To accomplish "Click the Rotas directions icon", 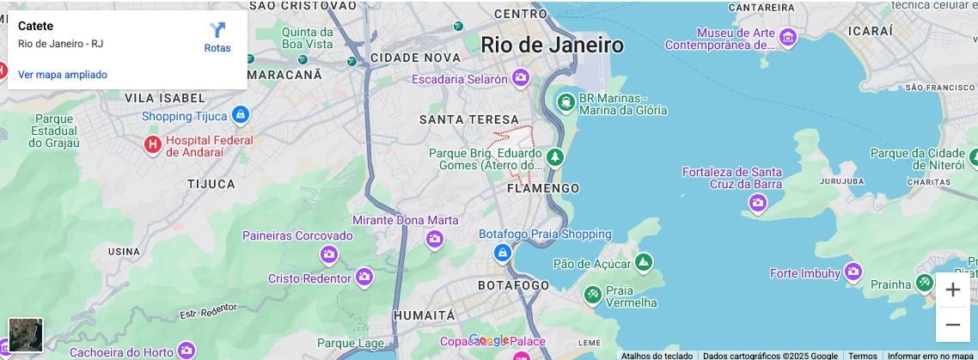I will [217, 30].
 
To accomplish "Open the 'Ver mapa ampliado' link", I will [63, 75].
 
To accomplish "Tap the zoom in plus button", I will [952, 290].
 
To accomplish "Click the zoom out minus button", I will [952, 325].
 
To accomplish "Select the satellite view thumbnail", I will [26, 334].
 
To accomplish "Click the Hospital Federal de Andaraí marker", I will [153, 144].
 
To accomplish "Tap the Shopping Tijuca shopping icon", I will [240, 114].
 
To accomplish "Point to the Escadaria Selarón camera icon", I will [520, 79].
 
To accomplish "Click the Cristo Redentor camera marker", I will [364, 277].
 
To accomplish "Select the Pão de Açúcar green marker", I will [642, 262].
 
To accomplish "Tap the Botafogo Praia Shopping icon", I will [503, 253].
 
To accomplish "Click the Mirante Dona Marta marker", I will [434, 238].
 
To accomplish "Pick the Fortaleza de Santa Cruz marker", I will [757, 203].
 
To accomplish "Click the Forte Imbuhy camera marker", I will [853, 272].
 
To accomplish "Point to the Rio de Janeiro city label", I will [552, 45].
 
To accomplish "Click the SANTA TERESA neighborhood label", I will [469, 119].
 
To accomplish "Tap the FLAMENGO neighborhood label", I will [543, 188].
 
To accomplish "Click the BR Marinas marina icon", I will [565, 103].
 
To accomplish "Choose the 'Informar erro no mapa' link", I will [931, 355].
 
